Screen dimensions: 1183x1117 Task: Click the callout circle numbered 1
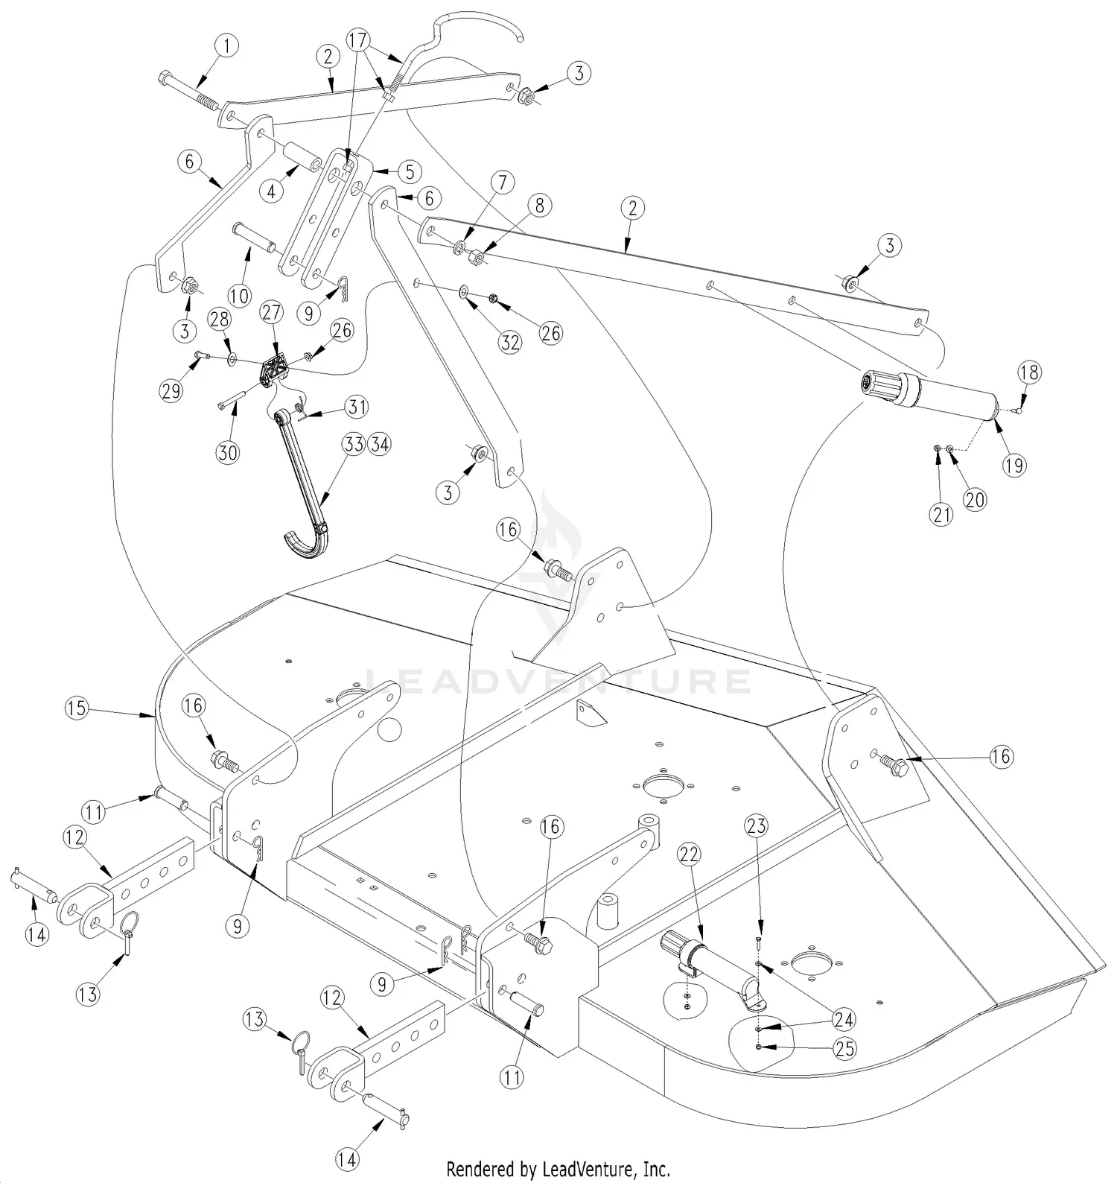point(227,46)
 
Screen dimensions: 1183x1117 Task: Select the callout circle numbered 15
point(77,707)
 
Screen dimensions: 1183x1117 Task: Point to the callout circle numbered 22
point(689,854)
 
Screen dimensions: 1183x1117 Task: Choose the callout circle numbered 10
point(239,296)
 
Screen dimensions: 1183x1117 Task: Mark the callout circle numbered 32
point(510,342)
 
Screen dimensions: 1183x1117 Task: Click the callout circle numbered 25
point(844,1049)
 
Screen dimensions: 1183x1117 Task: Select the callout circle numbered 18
point(1029,372)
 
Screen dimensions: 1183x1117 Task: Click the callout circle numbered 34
point(379,445)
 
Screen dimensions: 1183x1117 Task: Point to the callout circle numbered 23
point(756,825)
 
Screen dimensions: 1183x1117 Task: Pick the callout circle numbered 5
point(410,171)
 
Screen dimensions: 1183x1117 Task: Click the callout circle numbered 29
point(171,390)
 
